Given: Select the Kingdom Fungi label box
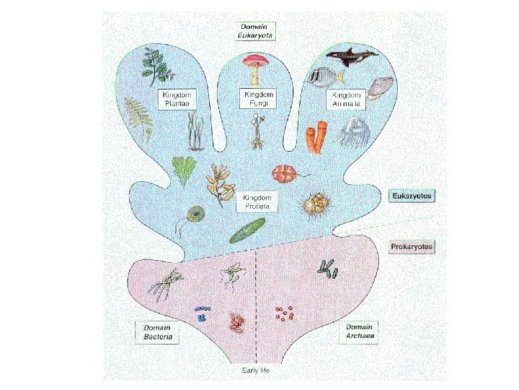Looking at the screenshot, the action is (257, 98).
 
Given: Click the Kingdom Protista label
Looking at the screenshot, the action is (257, 201).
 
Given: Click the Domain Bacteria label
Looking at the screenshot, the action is (156, 333).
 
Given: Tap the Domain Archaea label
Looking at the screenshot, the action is (358, 333).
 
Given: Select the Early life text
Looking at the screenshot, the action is (255, 370).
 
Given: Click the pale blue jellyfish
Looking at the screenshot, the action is (353, 132).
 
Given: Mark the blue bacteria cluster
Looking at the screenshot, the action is (202, 313).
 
